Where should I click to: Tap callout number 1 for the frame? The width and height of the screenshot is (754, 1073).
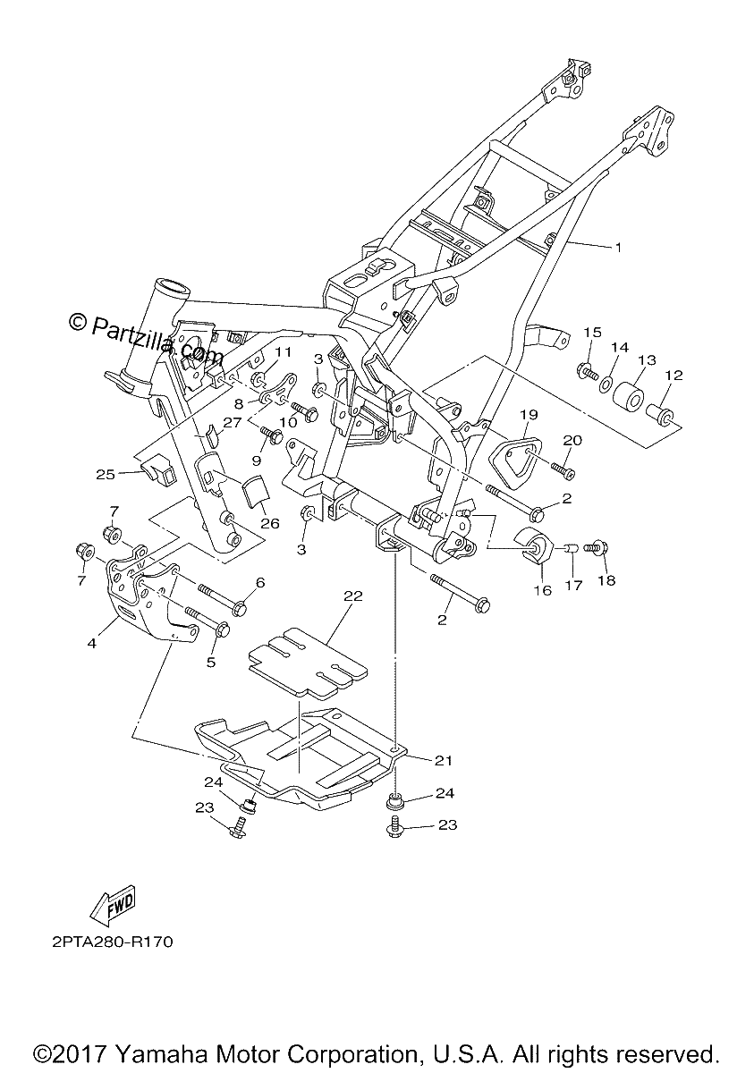618,247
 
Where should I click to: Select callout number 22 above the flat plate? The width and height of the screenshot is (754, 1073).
353,596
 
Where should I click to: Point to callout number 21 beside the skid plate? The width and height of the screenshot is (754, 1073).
443,760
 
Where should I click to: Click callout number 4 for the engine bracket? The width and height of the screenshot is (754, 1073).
92,643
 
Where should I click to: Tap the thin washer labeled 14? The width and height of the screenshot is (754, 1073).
606,383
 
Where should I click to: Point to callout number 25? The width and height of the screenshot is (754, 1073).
106,474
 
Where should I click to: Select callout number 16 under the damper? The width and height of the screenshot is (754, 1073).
543,590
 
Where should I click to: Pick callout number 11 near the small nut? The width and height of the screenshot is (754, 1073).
284,352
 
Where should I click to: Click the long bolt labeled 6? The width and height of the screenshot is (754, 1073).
220,595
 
